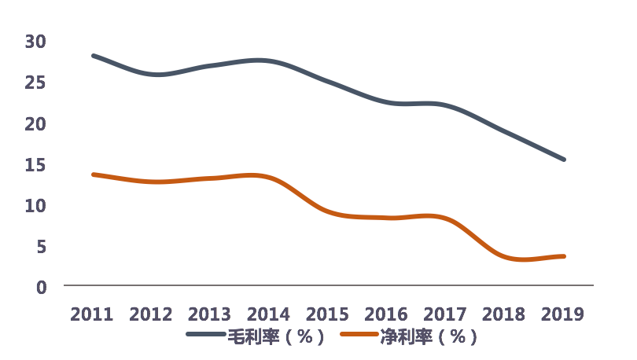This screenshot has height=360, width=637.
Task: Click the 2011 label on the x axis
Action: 92,314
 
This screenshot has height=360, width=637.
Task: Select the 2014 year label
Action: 268,314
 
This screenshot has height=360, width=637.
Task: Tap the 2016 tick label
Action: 386,314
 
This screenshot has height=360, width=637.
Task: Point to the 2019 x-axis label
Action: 563,314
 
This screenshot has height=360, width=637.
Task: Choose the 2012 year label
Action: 151,314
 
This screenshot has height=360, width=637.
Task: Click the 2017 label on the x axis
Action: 445,314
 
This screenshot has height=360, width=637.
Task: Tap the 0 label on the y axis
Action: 41,287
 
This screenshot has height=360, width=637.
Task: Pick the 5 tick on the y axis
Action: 41,246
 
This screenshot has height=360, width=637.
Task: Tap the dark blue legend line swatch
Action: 205,336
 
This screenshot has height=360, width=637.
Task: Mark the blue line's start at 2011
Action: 93,56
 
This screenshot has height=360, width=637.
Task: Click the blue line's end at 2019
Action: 563,160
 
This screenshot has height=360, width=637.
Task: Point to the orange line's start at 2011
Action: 93,174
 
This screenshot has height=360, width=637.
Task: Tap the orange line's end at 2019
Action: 563,256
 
